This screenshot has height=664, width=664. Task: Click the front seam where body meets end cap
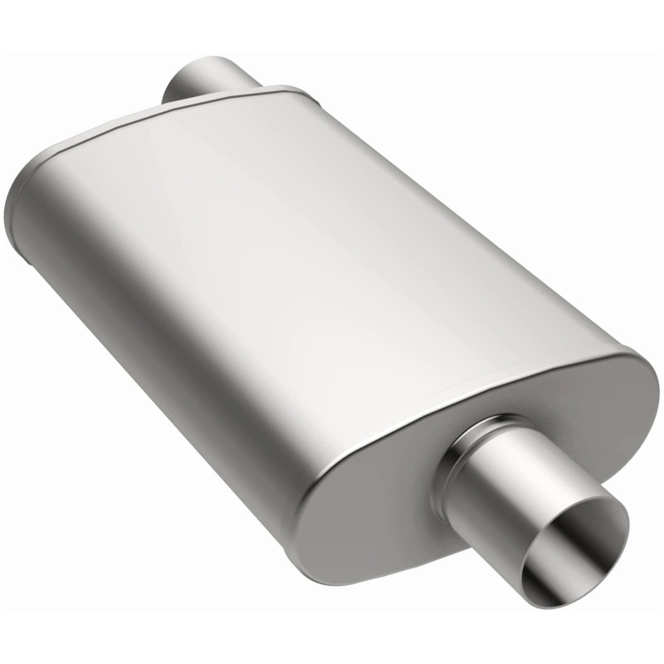coord(465,390)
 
